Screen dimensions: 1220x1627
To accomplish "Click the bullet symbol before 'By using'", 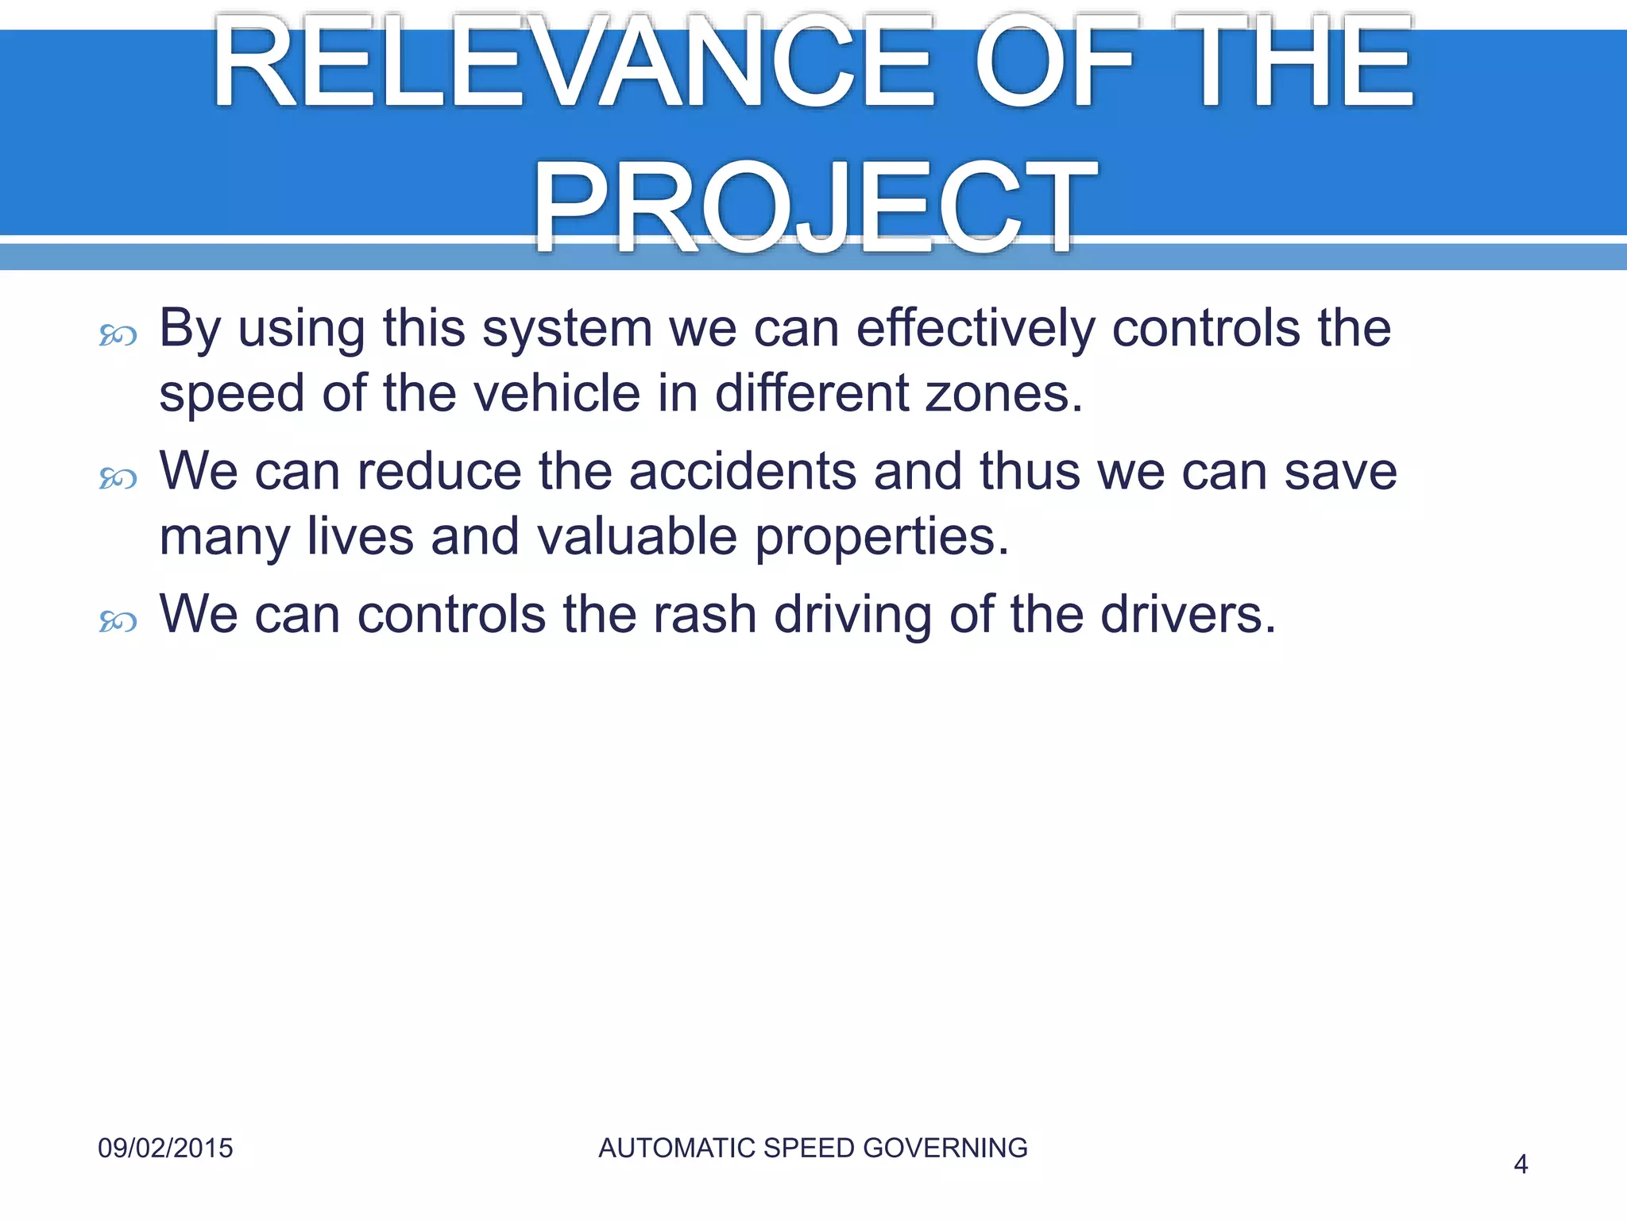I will (x=118, y=337).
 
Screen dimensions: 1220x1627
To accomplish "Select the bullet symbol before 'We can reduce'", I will (x=118, y=479).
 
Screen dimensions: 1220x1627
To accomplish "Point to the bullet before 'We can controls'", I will (x=118, y=621).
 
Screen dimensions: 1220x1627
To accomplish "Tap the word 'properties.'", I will (x=882, y=538).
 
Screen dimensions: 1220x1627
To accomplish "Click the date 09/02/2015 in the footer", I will (x=165, y=1149).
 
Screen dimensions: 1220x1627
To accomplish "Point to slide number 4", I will (x=1521, y=1164).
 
